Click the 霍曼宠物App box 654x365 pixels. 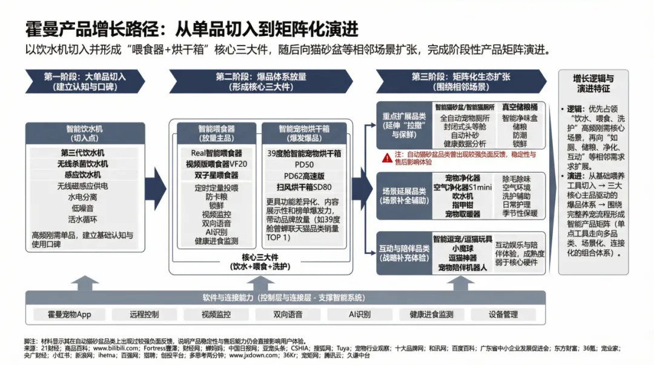pos(70,315)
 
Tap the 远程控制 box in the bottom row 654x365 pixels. pos(144,315)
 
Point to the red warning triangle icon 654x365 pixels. pos(386,157)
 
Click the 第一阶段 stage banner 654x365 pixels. pos(85,81)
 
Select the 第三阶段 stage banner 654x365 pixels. pos(460,81)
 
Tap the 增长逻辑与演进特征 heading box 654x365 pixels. pos(593,83)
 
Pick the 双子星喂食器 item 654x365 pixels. pos(214,175)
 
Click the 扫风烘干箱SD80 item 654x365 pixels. pos(304,187)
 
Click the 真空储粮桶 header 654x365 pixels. pos(520,107)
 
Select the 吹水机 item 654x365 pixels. pos(463,196)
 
